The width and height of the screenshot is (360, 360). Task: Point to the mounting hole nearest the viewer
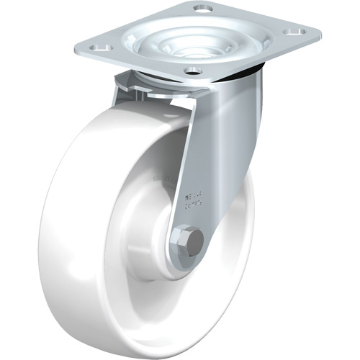[192, 70]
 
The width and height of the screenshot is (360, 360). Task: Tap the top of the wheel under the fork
[155, 108]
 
